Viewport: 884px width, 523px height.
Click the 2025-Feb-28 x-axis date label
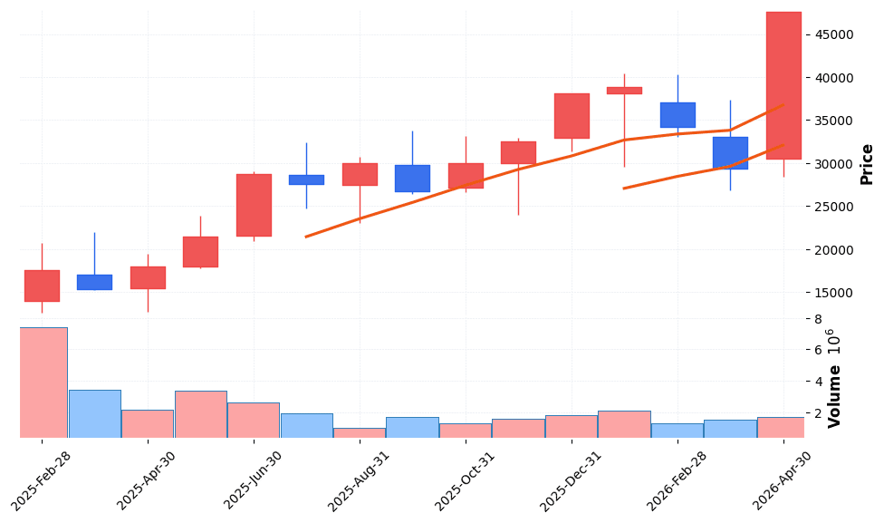[43, 480]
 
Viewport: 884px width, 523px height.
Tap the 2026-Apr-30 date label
[784, 480]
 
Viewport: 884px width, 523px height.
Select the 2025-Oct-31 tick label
[466, 480]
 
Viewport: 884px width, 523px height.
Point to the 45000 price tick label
[835, 34]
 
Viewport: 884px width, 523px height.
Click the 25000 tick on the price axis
[835, 207]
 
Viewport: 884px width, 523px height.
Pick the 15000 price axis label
[835, 293]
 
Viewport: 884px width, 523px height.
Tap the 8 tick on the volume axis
[818, 319]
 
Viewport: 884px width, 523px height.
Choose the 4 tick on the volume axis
[818, 382]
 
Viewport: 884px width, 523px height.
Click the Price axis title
[867, 164]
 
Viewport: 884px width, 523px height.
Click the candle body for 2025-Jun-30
[254, 205]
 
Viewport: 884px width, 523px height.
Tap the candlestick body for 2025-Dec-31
[572, 116]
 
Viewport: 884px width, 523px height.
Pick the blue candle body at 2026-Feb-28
[677, 115]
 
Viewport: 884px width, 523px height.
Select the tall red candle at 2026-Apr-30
[783, 85]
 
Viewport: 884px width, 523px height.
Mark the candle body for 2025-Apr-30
[148, 277]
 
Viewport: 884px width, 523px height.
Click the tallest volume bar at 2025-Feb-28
[43, 383]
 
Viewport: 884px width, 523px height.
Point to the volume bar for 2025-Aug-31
[360, 432]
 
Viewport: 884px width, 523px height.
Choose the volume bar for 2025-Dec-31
[572, 426]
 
